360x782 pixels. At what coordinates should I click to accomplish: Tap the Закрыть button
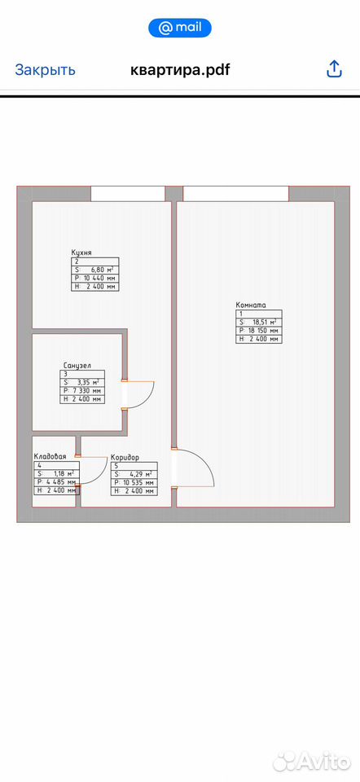(x=45, y=69)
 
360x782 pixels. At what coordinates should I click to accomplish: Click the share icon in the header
(x=334, y=68)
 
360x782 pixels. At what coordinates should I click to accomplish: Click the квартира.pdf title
(x=180, y=69)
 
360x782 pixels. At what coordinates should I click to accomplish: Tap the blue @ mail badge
(x=180, y=28)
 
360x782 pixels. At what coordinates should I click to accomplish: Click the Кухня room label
(x=81, y=253)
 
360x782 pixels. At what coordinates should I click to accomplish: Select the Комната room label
(x=252, y=305)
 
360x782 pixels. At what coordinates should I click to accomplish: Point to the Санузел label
(x=77, y=365)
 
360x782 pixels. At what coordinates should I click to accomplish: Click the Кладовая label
(x=50, y=456)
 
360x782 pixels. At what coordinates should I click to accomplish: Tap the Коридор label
(x=125, y=457)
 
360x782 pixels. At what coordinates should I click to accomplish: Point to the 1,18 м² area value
(x=64, y=474)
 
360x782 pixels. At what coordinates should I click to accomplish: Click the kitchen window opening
(x=128, y=194)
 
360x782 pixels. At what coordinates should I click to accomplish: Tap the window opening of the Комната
(x=236, y=194)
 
